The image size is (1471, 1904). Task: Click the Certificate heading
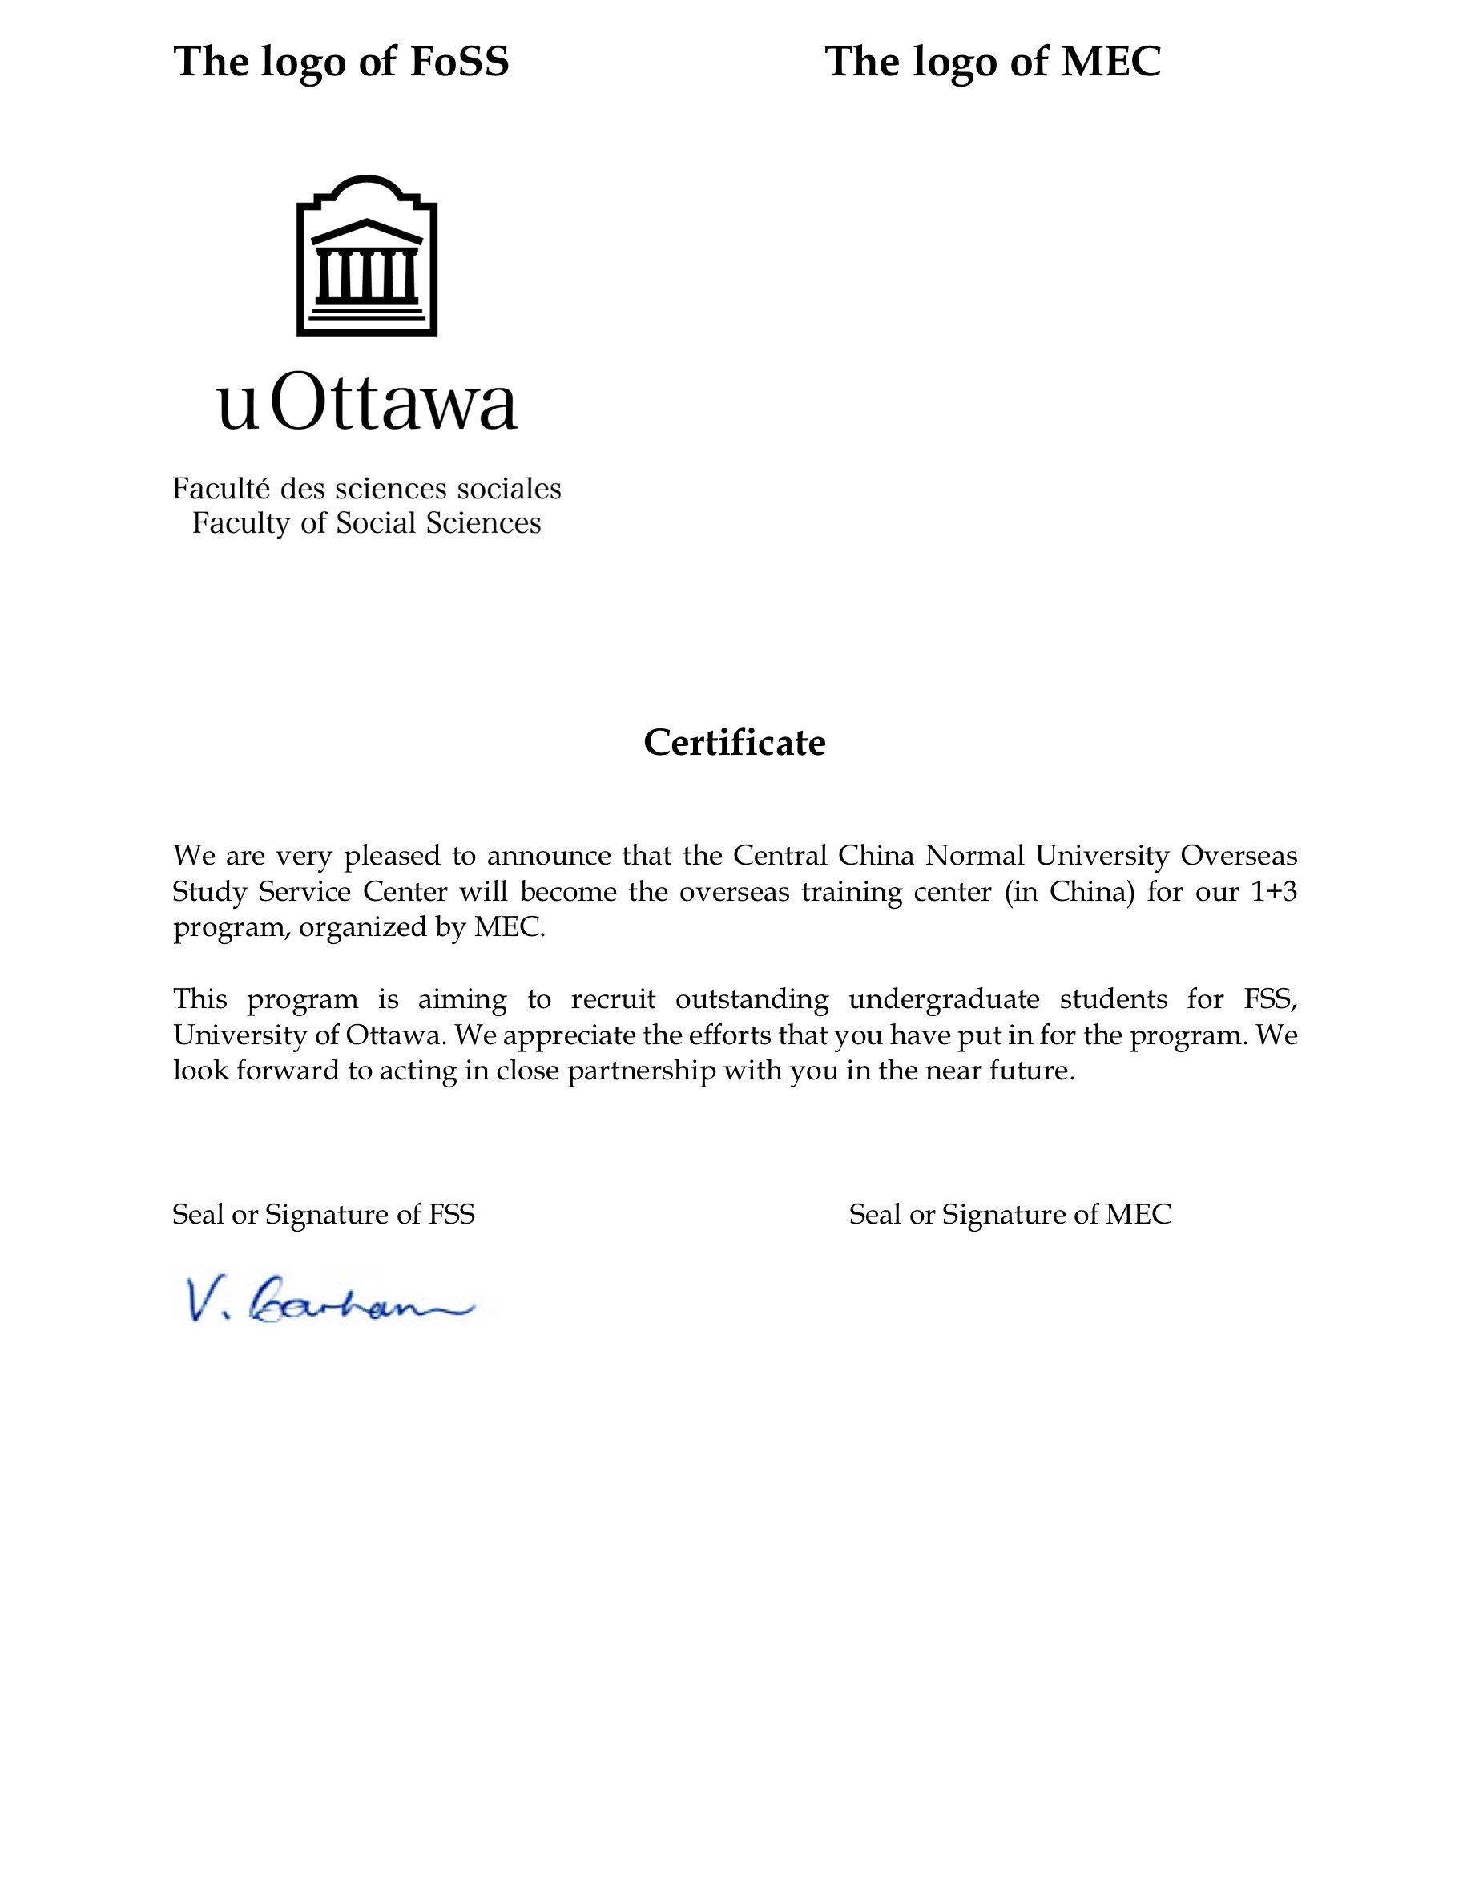click(x=735, y=743)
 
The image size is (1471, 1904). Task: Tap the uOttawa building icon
click(x=367, y=256)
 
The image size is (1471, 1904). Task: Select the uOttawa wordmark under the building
click(x=367, y=405)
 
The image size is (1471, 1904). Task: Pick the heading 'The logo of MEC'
click(x=993, y=62)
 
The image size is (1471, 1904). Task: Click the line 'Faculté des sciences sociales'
click(x=367, y=488)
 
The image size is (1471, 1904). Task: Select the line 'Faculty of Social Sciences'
click(x=367, y=523)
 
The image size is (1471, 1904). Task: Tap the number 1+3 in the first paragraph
click(x=1274, y=892)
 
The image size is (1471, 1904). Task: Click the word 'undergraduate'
click(x=944, y=999)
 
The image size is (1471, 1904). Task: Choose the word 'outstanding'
click(x=752, y=999)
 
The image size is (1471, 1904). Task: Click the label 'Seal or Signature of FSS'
click(x=324, y=1214)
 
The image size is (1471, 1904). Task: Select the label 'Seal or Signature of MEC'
click(x=1010, y=1214)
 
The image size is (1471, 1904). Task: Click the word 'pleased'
click(x=392, y=856)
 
